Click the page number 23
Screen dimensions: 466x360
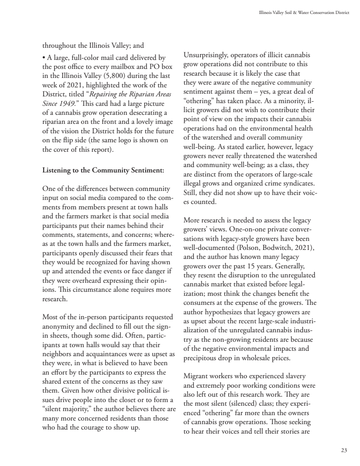click(344, 450)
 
